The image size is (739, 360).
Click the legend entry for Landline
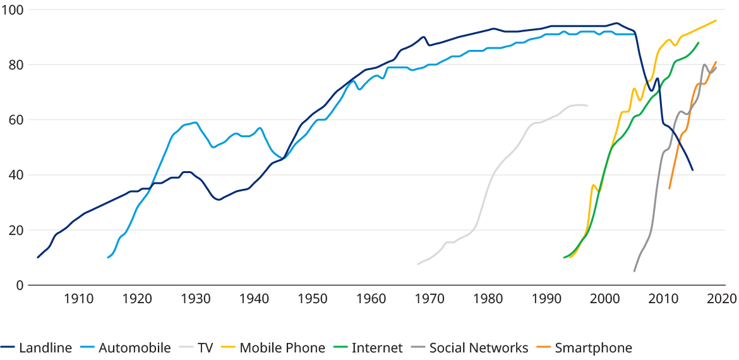tap(45, 347)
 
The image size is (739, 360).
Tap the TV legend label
tap(205, 347)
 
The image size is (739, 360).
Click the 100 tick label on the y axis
tap(12, 10)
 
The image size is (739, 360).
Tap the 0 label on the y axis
tap(19, 285)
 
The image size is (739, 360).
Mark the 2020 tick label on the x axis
tap(723, 297)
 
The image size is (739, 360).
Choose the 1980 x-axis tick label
tap(489, 297)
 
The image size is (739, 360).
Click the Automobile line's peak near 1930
tap(195, 122)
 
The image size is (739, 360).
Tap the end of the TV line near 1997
tap(587, 105)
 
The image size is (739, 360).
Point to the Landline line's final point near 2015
tap(693, 170)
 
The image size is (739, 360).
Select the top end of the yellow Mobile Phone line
tap(716, 20)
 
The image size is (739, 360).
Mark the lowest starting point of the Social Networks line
tap(634, 271)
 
